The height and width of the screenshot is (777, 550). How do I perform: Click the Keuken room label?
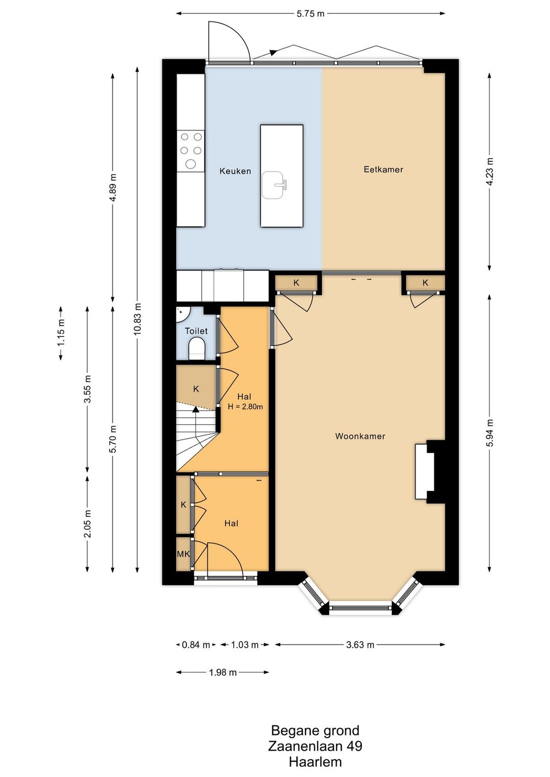point(235,171)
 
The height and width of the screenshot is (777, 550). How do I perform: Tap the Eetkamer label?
point(383,169)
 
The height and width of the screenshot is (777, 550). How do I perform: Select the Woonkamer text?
point(360,436)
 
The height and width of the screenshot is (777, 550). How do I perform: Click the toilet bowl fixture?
point(197,348)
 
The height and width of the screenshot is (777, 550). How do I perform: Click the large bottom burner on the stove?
point(190,164)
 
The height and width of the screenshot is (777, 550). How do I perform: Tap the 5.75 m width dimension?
point(311,14)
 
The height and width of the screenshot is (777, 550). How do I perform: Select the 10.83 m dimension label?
point(138,319)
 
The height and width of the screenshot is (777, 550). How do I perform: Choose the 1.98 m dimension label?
point(223,672)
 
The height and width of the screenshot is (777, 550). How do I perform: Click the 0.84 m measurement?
point(196,645)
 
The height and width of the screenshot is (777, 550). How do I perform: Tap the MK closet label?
point(183,554)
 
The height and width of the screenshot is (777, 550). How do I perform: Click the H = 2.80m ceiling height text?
point(245,406)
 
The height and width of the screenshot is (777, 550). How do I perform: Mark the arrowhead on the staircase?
point(196,410)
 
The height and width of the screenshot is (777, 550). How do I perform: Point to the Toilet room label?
point(197,331)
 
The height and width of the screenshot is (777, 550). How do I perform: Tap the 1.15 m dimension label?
point(61,332)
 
